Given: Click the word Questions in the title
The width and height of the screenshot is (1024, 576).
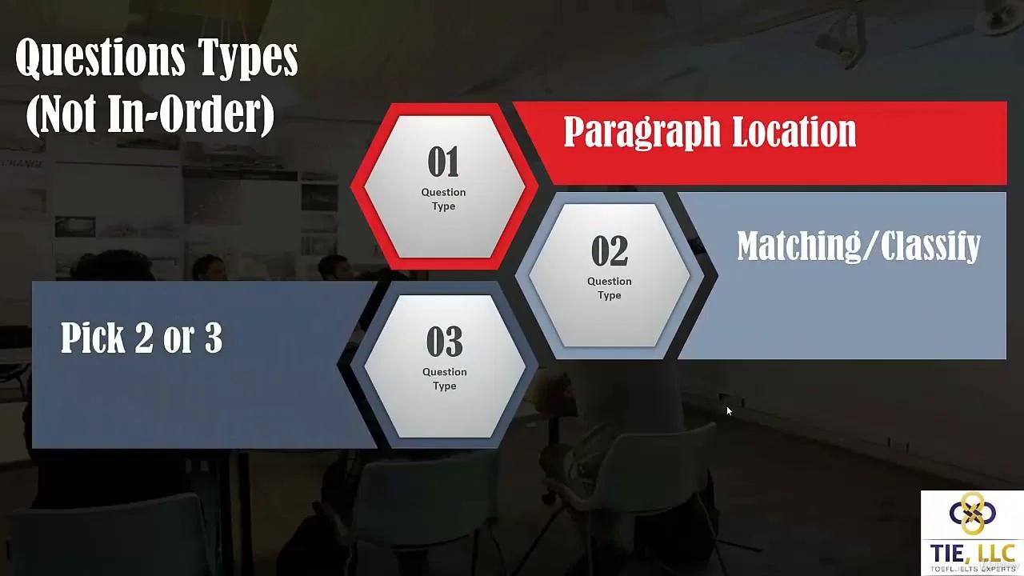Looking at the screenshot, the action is coord(101,58).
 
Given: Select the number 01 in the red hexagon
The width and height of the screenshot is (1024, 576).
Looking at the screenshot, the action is coord(443,162).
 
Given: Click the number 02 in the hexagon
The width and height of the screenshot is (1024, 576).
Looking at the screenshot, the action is coord(610,250).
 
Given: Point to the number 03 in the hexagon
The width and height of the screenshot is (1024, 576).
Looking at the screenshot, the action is coord(444,341).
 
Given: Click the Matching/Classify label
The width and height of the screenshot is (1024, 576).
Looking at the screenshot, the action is coord(859,246).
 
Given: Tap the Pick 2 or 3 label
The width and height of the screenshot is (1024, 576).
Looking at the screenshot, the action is coord(142,338).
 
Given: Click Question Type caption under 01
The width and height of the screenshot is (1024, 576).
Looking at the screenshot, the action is coord(443,199).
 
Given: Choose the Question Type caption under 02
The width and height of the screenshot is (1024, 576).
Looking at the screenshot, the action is coord(610,288).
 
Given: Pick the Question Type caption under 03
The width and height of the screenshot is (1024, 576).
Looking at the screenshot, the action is coord(444,378).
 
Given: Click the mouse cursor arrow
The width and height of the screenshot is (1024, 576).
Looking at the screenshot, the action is coord(729,411).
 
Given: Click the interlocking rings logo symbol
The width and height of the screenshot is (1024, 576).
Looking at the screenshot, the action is coord(972,513).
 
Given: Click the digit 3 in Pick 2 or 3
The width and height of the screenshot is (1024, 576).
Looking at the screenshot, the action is coord(214,338).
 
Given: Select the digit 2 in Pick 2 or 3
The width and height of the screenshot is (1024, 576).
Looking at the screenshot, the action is coord(144,338).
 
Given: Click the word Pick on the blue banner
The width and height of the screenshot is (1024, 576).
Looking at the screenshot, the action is coord(93,338).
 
